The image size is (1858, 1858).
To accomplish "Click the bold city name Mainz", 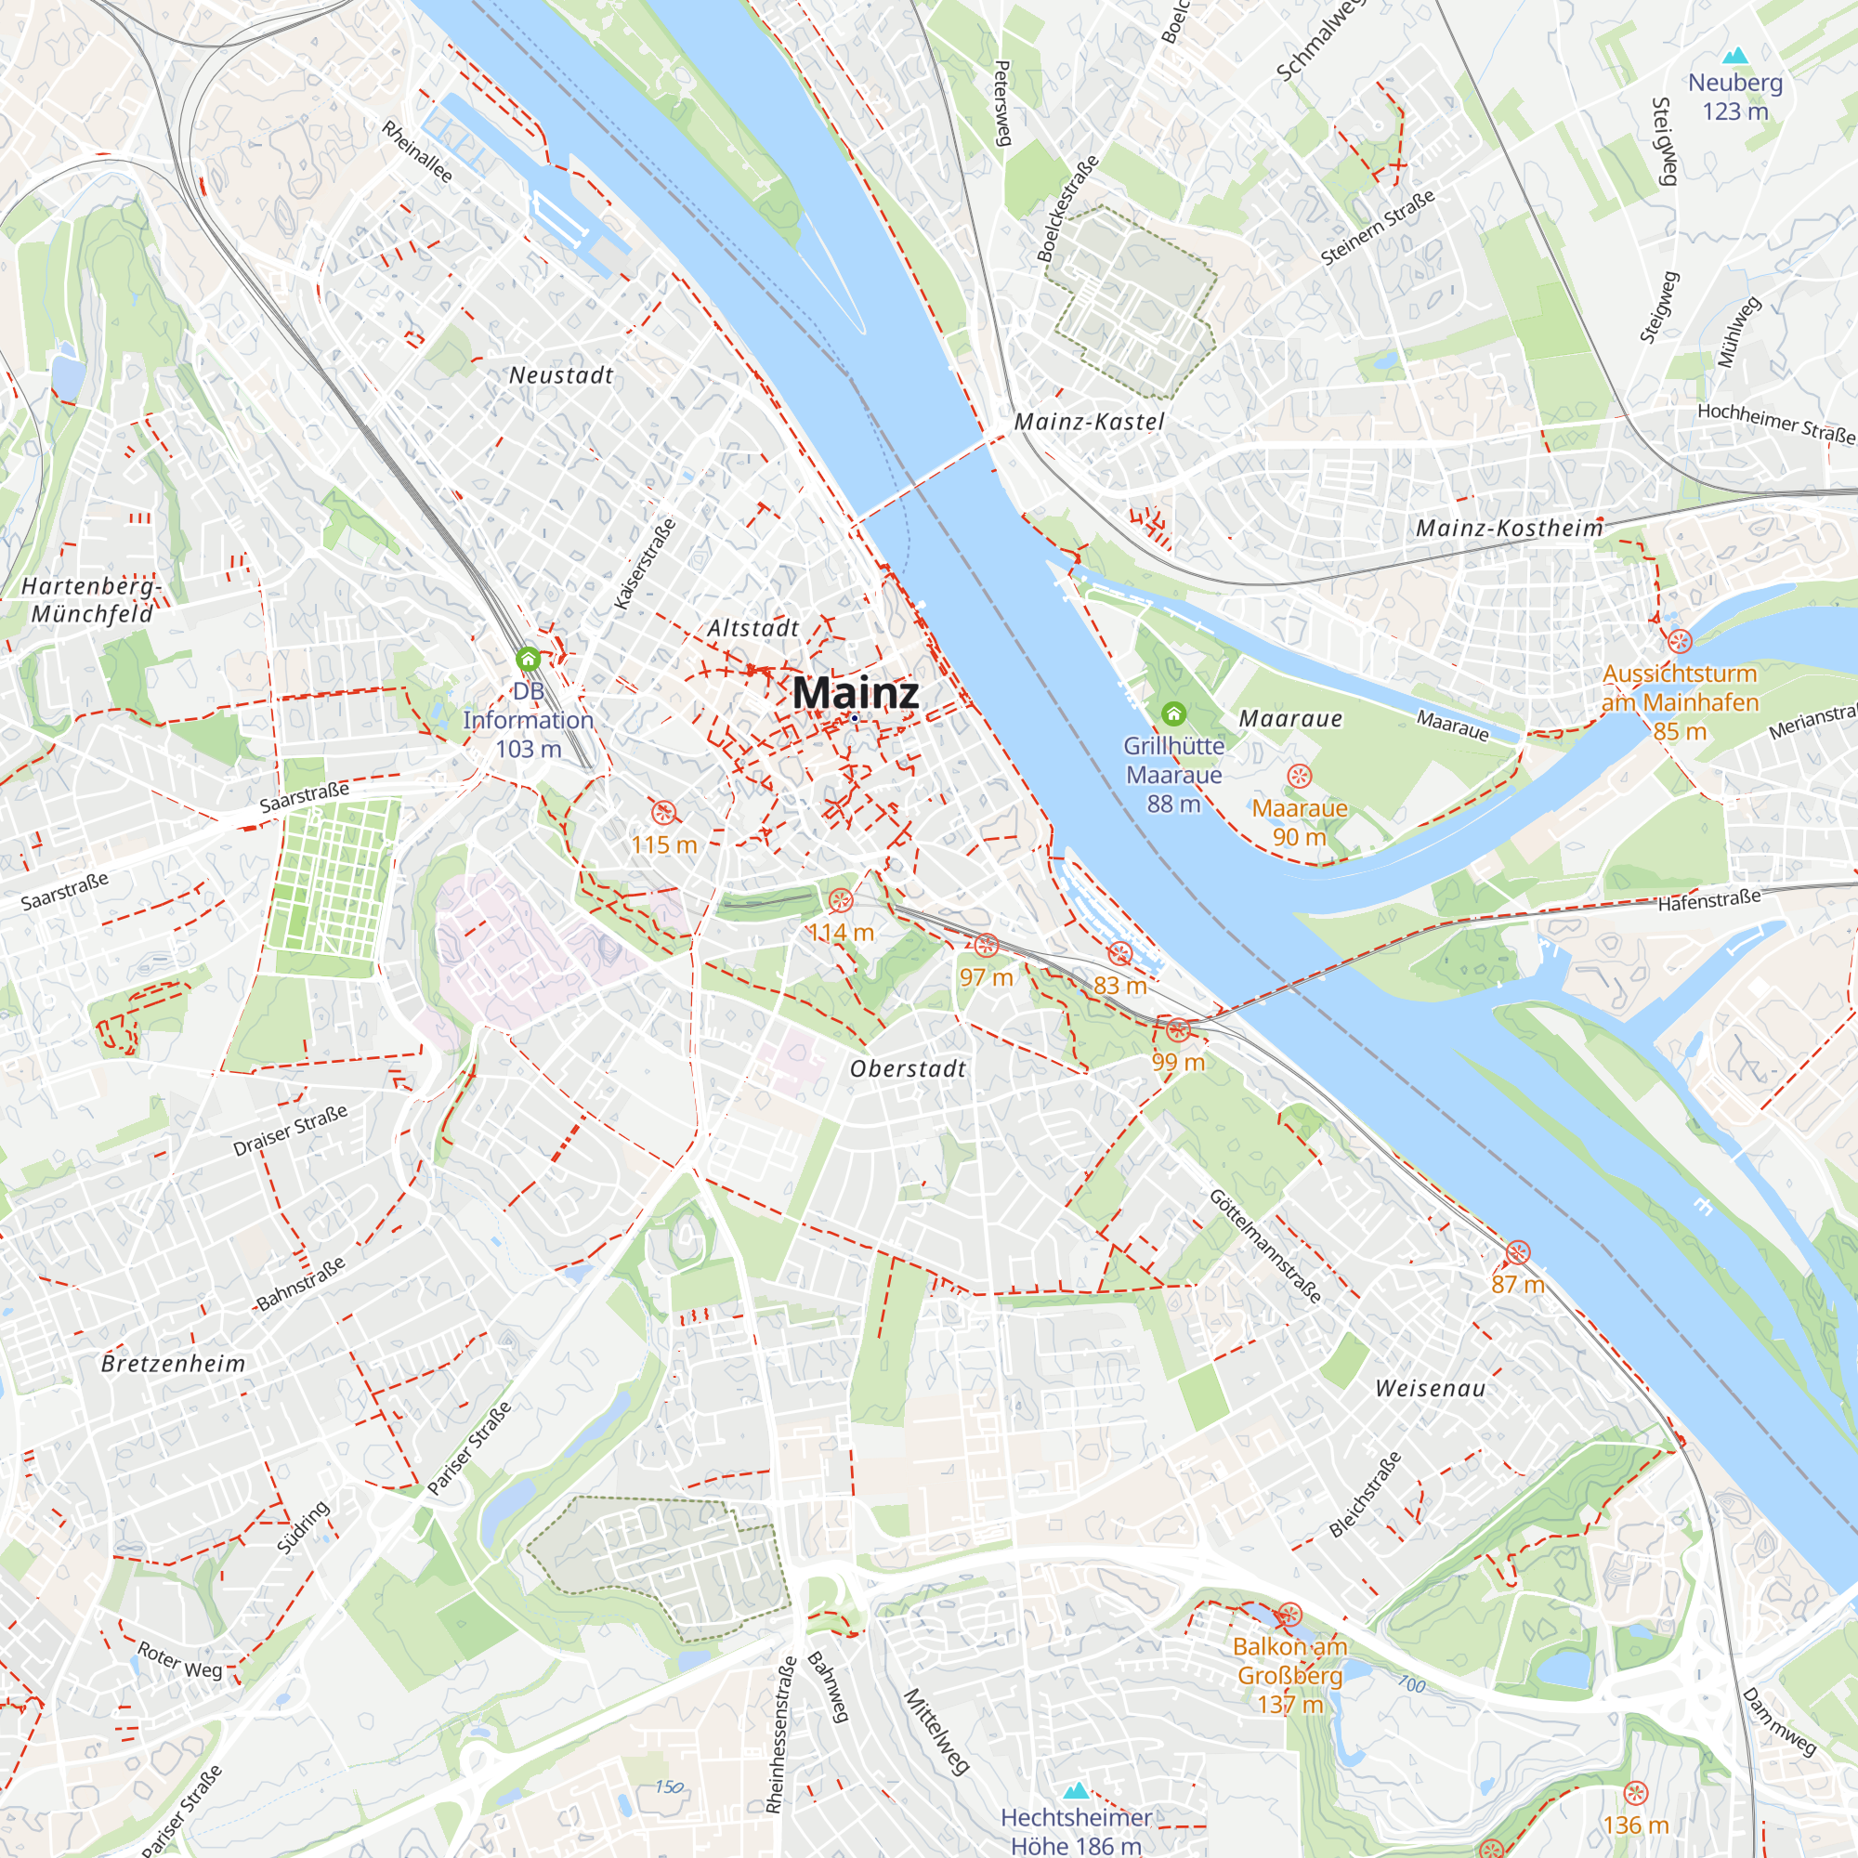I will pyautogui.click(x=855, y=693).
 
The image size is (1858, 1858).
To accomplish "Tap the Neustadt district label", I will pyautogui.click(x=561, y=375).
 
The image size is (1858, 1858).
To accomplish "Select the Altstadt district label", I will pyautogui.click(x=753, y=628).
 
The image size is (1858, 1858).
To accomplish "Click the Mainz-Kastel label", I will pyautogui.click(x=1089, y=422).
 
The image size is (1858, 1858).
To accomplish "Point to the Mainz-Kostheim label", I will pyautogui.click(x=1509, y=528).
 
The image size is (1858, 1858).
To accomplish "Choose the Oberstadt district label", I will pyautogui.click(x=908, y=1068).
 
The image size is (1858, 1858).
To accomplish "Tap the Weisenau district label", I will pyautogui.click(x=1430, y=1388).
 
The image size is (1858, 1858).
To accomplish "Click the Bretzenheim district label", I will pyautogui.click(x=173, y=1363).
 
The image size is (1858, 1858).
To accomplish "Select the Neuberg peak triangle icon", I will pyautogui.click(x=1734, y=56).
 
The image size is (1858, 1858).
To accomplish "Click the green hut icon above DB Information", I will pyautogui.click(x=527, y=660).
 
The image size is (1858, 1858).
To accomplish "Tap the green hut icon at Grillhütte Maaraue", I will pyautogui.click(x=1173, y=713).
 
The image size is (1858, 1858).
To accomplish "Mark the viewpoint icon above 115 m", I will pyautogui.click(x=663, y=814).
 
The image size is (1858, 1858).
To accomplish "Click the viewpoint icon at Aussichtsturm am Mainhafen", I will pyautogui.click(x=1679, y=641).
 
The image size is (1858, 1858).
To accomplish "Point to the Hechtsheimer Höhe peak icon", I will pyautogui.click(x=1076, y=1790).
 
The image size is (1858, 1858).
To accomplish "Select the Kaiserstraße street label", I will pyautogui.click(x=646, y=565).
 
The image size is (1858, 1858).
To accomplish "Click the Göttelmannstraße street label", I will pyautogui.click(x=1264, y=1247).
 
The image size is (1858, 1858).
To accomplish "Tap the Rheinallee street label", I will pyautogui.click(x=416, y=151).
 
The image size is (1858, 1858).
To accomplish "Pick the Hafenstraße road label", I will pyautogui.click(x=1709, y=900).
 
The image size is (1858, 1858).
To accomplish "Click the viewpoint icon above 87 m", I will pyautogui.click(x=1518, y=1253).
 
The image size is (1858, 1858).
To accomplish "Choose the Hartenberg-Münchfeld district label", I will pyautogui.click(x=91, y=600).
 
